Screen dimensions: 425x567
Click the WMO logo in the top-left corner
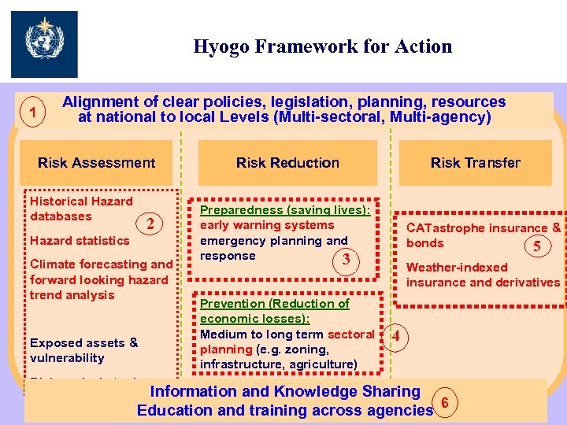[x=44, y=44]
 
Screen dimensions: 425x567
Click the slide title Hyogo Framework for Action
[x=323, y=46]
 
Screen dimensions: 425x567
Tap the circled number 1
[x=31, y=111]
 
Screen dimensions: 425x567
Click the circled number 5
[x=537, y=246]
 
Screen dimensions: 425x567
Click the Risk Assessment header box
[x=96, y=163]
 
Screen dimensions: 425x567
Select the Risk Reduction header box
[x=287, y=163]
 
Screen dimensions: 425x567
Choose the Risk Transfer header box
[x=475, y=163]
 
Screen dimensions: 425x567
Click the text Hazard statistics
[x=80, y=241]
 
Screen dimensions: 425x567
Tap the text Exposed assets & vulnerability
[x=83, y=350]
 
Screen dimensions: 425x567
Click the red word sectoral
[x=350, y=334]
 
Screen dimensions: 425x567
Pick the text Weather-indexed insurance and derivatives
[x=483, y=275]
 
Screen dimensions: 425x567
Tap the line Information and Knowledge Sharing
[x=285, y=391]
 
